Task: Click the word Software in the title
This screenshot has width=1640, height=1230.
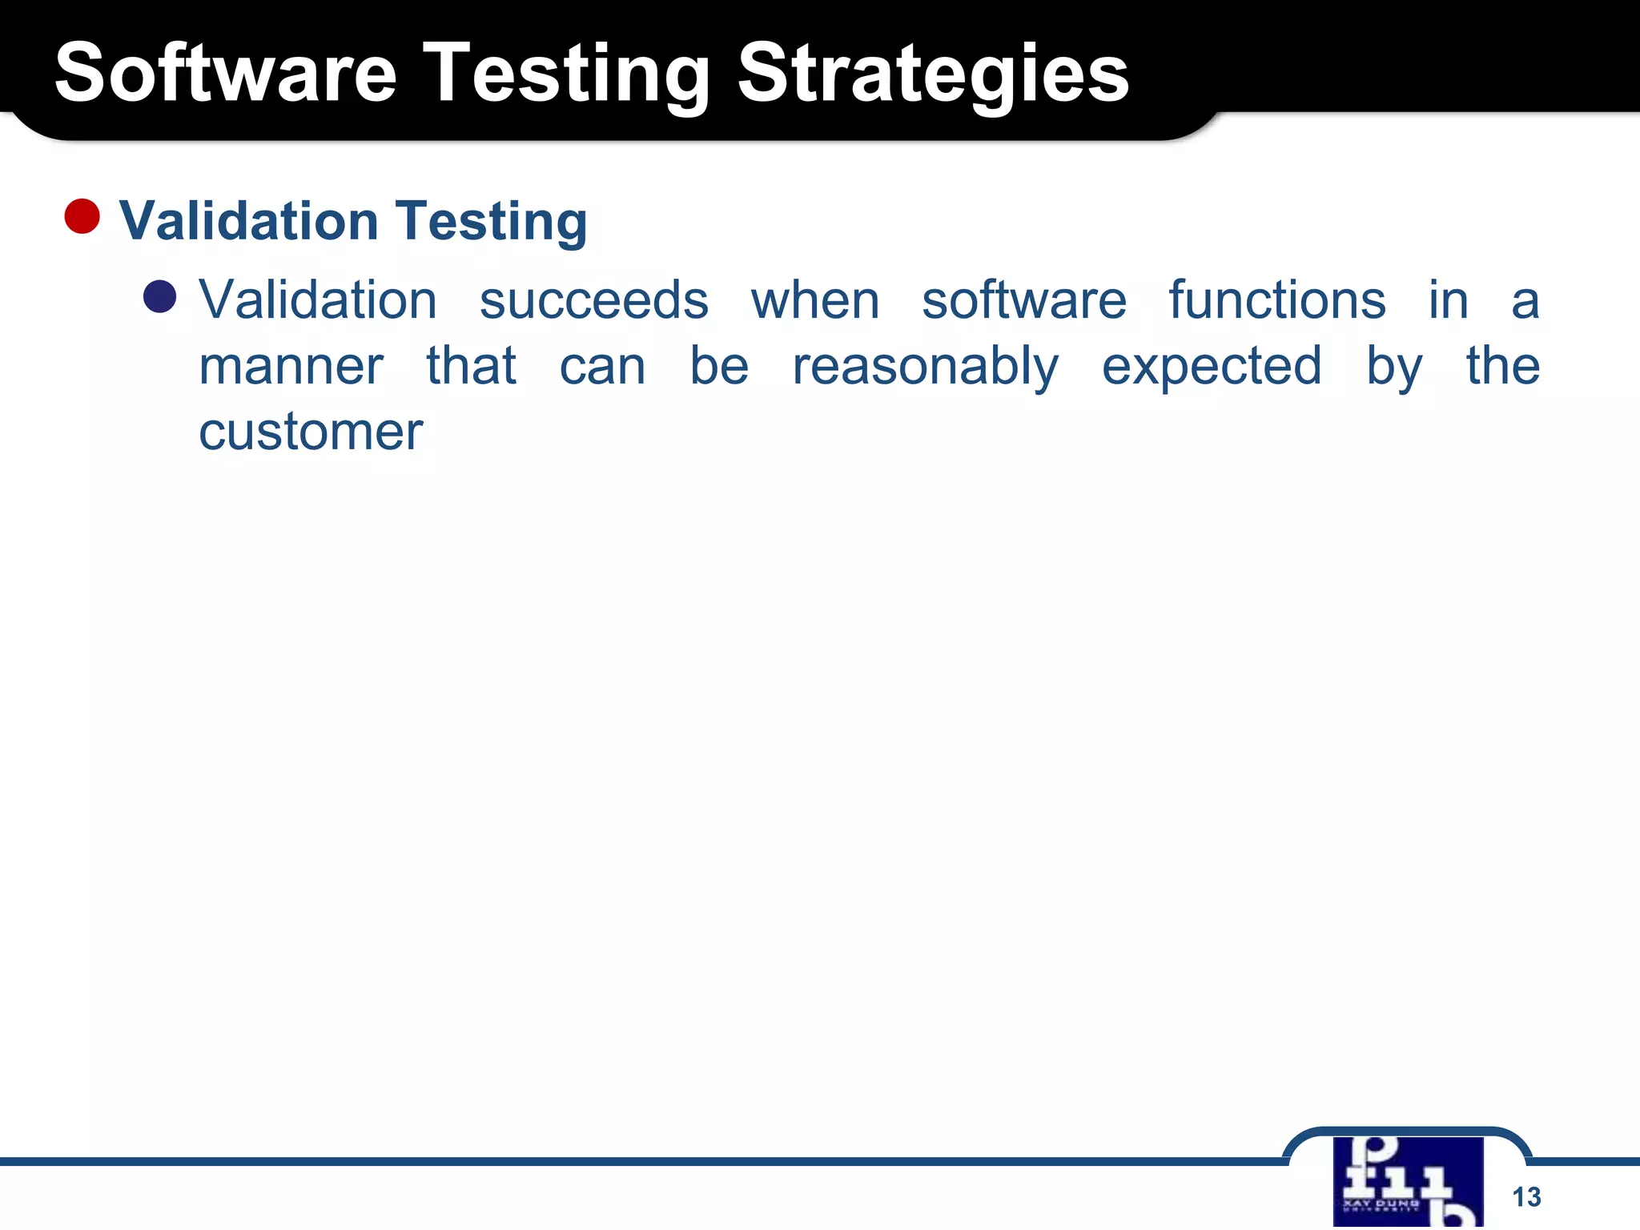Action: coord(226,74)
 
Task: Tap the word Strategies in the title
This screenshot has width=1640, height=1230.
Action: coord(932,74)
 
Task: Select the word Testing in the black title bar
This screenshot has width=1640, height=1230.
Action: coord(565,74)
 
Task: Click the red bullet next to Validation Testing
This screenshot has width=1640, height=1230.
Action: coord(82,217)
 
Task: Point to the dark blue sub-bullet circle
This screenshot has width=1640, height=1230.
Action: coord(159,297)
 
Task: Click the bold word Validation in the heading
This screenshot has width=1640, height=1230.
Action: coord(248,221)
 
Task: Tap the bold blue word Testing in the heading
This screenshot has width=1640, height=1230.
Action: coord(492,221)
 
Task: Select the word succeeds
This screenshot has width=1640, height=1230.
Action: coord(593,300)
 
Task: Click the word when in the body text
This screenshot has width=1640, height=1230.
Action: coord(814,300)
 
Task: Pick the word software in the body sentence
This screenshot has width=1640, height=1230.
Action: coord(1023,300)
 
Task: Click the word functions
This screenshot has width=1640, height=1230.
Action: coord(1276,300)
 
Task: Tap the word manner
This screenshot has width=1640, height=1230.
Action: coord(291,367)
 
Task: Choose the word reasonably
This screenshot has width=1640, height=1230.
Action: coord(925,367)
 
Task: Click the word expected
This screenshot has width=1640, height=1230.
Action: coord(1211,367)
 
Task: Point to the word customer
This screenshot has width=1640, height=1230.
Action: coord(310,432)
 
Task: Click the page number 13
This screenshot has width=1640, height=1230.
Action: coord(1526,1196)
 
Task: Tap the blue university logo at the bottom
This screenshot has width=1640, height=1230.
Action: coord(1408,1181)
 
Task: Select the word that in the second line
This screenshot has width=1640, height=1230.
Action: coord(471,367)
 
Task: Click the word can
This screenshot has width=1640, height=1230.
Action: coord(602,367)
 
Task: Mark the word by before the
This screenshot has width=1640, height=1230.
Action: coord(1393,367)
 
